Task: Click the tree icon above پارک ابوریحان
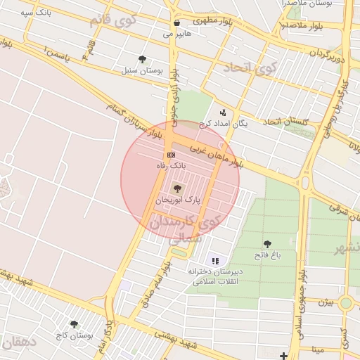[x=176, y=188]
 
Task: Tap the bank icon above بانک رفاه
[x=171, y=154]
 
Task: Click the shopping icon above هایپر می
[x=176, y=22]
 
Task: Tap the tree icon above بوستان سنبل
[x=143, y=59]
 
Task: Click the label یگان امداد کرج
[x=224, y=123]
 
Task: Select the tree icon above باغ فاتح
[x=267, y=244]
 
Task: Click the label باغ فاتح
[x=267, y=256]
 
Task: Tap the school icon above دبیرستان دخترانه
[x=215, y=260]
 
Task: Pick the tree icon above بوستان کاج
[x=74, y=323]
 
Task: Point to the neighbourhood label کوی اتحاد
[x=251, y=68]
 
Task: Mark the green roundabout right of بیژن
[x=345, y=302]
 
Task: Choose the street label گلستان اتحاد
[x=286, y=122]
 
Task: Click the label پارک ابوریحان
[x=179, y=200]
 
